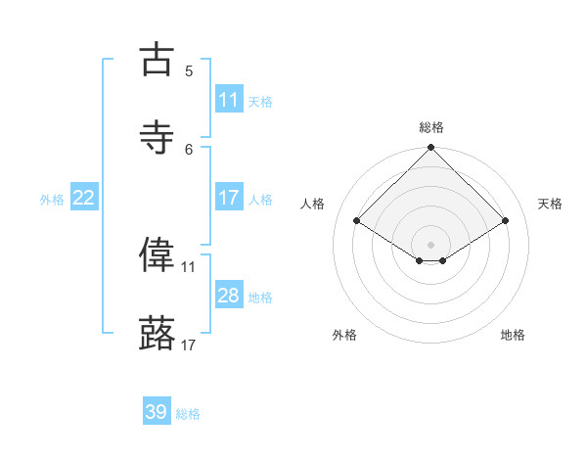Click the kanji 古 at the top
(x=157, y=60)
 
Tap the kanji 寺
(x=157, y=138)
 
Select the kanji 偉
(x=157, y=254)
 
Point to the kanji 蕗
(x=157, y=333)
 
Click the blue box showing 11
(x=229, y=100)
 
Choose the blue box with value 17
(x=229, y=198)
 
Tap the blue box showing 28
(x=229, y=296)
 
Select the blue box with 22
(x=84, y=198)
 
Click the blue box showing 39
(x=157, y=412)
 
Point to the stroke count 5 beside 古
(x=189, y=70)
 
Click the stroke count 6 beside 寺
(x=189, y=149)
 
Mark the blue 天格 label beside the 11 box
(x=260, y=101)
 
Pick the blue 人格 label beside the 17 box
(x=260, y=199)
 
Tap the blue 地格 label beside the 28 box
(x=260, y=297)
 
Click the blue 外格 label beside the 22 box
(x=52, y=199)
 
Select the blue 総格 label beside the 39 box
(x=188, y=414)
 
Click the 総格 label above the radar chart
(x=431, y=127)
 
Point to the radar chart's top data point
(x=431, y=149)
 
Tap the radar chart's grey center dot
(x=431, y=244)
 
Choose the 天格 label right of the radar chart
(x=550, y=204)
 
